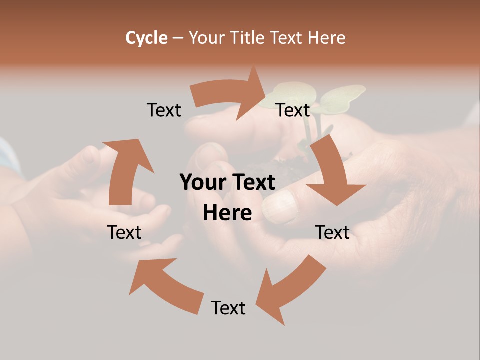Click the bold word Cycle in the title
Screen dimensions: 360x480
point(146,38)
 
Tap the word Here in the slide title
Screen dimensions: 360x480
point(326,38)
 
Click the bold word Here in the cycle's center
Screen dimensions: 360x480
point(227,213)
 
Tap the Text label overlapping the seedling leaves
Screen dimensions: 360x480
point(293,110)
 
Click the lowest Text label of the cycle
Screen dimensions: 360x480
point(228,308)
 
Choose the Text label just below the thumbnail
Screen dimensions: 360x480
point(332,232)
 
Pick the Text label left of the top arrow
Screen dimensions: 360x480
point(164,110)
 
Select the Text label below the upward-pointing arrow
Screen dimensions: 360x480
point(124,232)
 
